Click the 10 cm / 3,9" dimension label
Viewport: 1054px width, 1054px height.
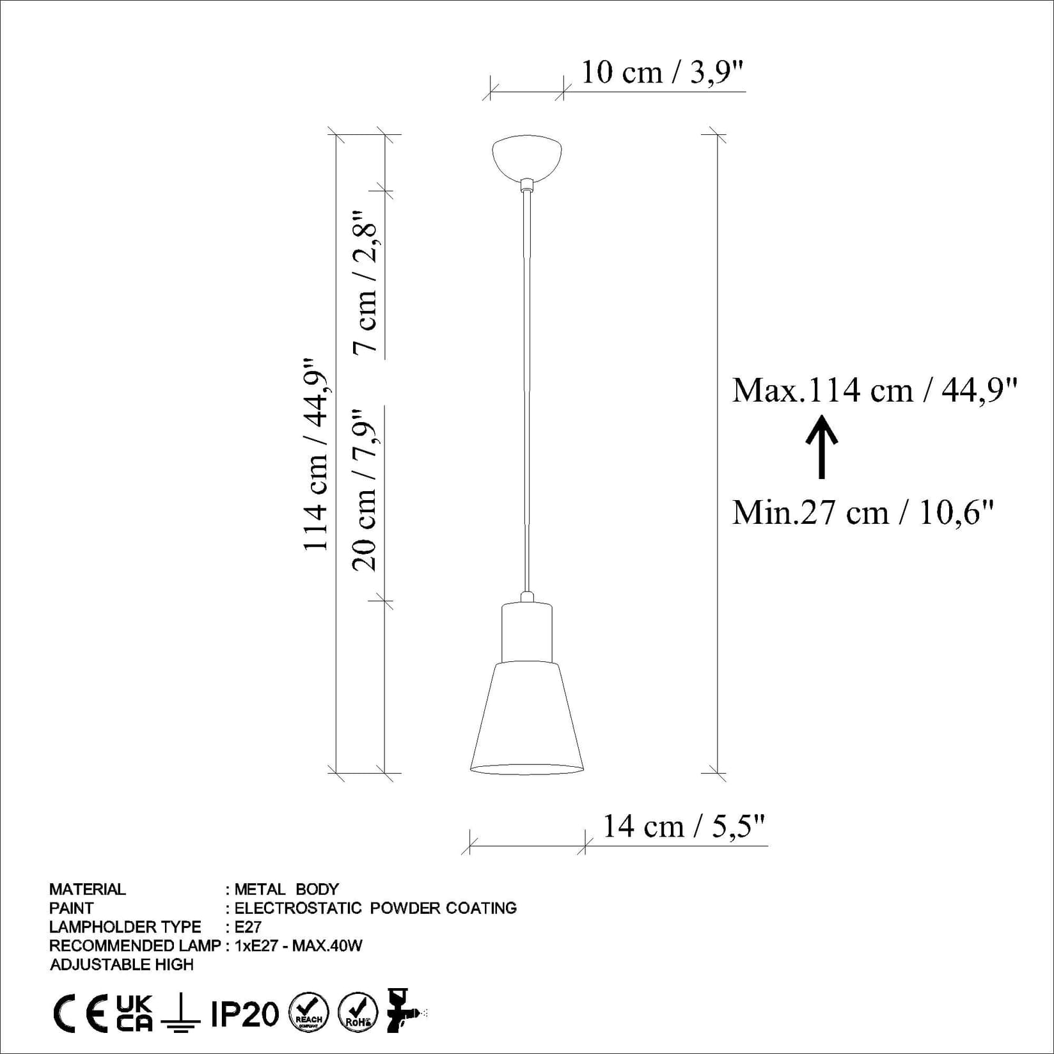[x=663, y=73]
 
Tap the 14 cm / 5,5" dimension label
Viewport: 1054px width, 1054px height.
[x=684, y=826]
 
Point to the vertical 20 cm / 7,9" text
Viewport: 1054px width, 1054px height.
[x=365, y=489]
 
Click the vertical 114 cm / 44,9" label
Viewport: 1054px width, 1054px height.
[x=317, y=454]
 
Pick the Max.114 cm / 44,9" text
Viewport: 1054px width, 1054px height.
[x=874, y=390]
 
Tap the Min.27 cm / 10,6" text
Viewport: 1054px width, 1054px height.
[x=863, y=513]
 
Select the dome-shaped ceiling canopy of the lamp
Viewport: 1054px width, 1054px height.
[x=527, y=155]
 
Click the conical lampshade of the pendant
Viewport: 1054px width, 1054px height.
[x=527, y=716]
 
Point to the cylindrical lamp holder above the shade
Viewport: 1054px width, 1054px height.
[x=527, y=632]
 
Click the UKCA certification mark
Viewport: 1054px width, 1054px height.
[x=135, y=1014]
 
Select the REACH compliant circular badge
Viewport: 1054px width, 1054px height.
[x=309, y=1013]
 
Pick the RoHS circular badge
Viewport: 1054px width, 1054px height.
[x=358, y=1013]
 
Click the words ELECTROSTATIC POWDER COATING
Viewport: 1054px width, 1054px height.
[x=375, y=908]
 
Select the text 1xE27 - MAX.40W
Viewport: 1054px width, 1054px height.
[x=299, y=945]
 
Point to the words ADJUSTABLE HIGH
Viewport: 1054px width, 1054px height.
[x=122, y=964]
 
